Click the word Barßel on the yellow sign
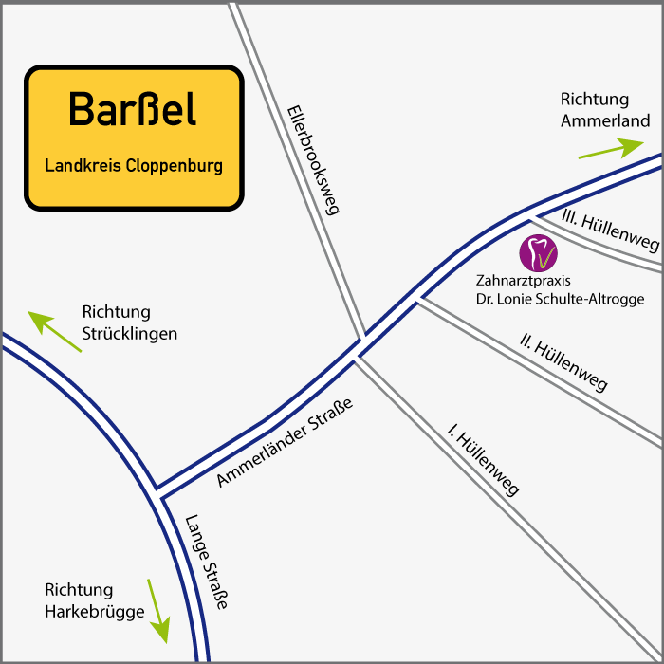(133, 110)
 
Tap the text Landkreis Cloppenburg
(134, 166)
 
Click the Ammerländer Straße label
(285, 443)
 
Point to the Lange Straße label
(207, 562)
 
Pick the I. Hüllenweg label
(484, 463)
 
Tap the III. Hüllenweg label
(610, 231)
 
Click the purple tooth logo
(539, 252)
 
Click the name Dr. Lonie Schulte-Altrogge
(560, 299)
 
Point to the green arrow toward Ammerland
(611, 149)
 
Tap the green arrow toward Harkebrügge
(157, 609)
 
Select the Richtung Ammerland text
(604, 110)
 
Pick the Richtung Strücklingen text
(129, 323)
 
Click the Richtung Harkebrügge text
(93, 600)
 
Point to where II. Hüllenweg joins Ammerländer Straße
(418, 300)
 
